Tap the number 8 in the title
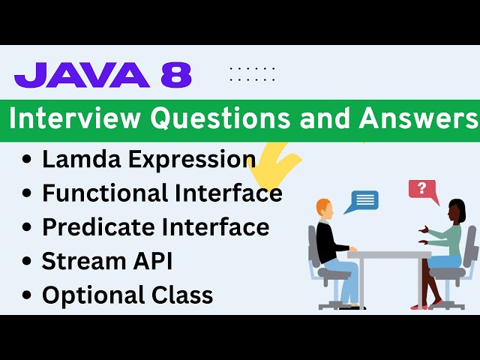tap(176, 76)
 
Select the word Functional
tap(105, 193)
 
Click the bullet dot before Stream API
tap(28, 262)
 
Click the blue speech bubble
tap(365, 200)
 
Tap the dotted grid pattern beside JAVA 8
tap(252, 73)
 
